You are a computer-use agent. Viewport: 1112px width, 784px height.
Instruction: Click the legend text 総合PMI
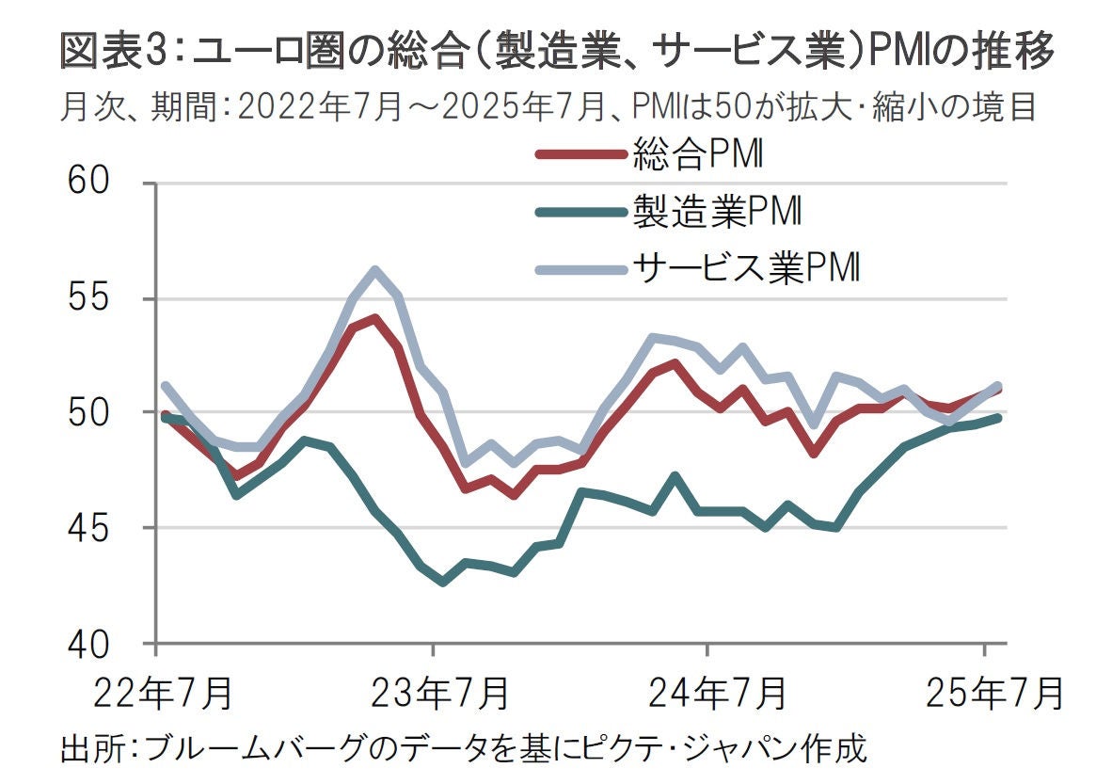tap(696, 155)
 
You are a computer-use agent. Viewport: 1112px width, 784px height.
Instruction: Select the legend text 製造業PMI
tap(716, 212)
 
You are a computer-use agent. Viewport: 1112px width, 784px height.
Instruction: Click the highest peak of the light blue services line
tap(374, 270)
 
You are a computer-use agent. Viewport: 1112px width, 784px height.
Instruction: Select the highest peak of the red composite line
tap(374, 318)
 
